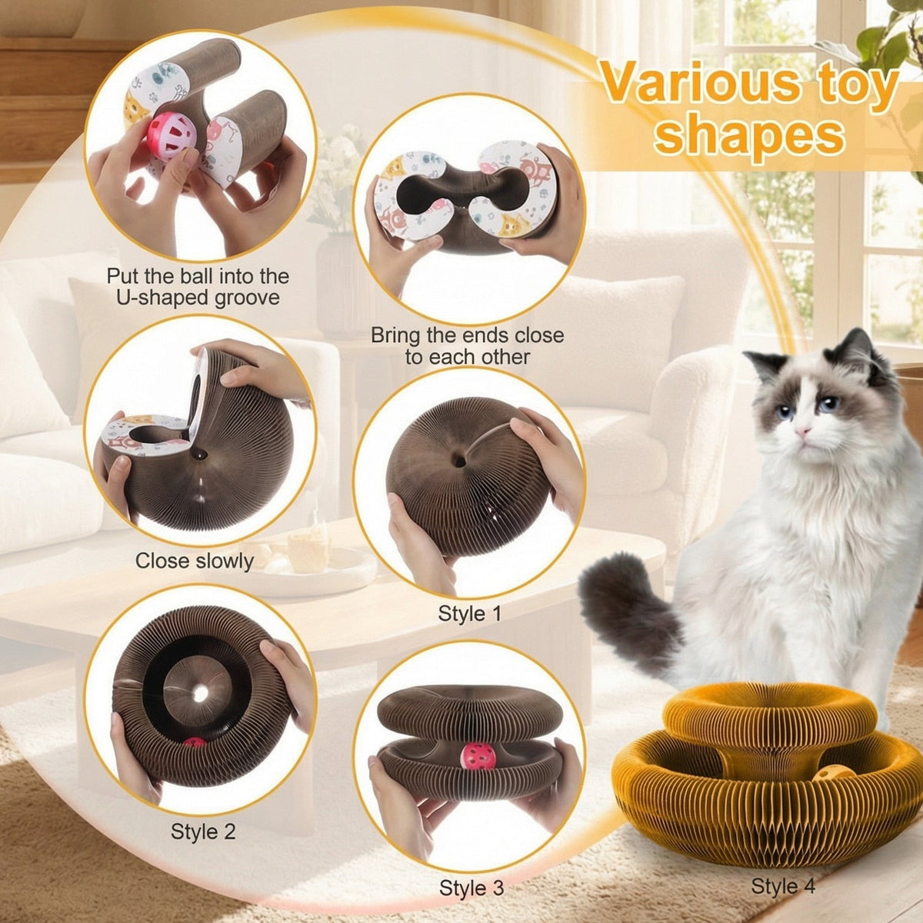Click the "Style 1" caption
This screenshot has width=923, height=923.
[x=469, y=614]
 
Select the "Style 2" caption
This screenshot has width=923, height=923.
[x=203, y=831]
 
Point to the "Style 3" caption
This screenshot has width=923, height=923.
[x=471, y=888]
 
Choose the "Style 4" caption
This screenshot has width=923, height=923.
[x=783, y=886]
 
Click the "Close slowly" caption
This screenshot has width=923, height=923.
[x=194, y=561]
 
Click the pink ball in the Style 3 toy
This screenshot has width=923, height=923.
[x=477, y=757]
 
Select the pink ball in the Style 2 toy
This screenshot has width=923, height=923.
[x=194, y=745]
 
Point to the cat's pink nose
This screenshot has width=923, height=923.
[x=802, y=433]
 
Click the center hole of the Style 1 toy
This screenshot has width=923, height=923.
[x=458, y=461]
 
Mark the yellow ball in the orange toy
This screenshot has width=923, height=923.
[x=835, y=772]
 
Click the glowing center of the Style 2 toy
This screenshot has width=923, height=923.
[x=201, y=693]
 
